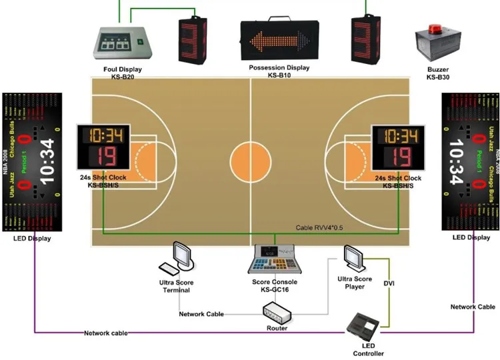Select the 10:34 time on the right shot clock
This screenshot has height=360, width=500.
coord(398,137)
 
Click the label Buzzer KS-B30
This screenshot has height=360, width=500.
coord(438,73)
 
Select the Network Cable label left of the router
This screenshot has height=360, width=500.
coord(201,313)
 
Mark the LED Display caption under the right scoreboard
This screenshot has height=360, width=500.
coord(471,237)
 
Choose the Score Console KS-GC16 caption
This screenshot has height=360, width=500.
coord(274,286)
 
